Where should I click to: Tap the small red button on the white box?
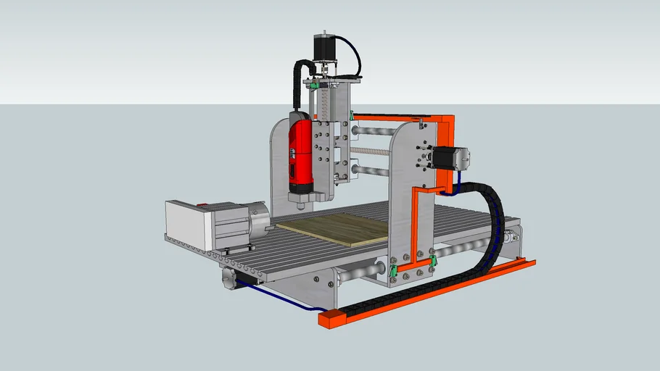pos(204,205)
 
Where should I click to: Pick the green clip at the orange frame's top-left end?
pos(351,115)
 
